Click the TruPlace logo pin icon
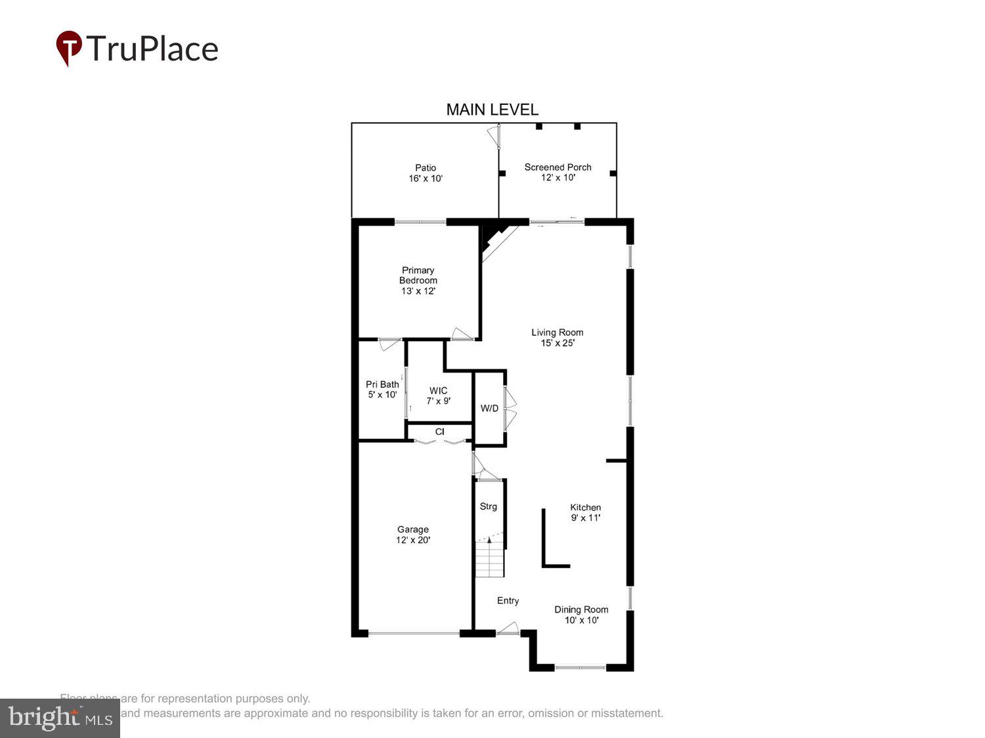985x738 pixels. pyautogui.click(x=69, y=48)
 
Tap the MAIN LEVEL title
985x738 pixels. pyautogui.click(x=492, y=110)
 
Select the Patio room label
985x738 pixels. pyautogui.click(x=426, y=173)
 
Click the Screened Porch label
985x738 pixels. pyautogui.click(x=558, y=173)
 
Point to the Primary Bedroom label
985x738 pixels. pyautogui.click(x=418, y=280)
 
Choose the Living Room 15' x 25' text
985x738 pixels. pyautogui.click(x=557, y=338)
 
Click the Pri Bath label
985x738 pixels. pyautogui.click(x=382, y=390)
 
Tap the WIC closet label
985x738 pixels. pyautogui.click(x=438, y=396)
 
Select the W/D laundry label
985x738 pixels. pyautogui.click(x=489, y=409)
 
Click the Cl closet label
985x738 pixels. pyautogui.click(x=439, y=432)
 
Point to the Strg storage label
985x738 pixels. pyautogui.click(x=488, y=506)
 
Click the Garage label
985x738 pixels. pyautogui.click(x=413, y=535)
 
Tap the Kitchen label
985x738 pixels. pyautogui.click(x=585, y=512)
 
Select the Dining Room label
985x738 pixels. pyautogui.click(x=581, y=615)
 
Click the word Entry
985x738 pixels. pyautogui.click(x=508, y=601)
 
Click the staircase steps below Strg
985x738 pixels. pyautogui.click(x=489, y=561)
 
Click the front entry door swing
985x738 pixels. pyautogui.click(x=508, y=629)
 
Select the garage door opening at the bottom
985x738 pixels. pyautogui.click(x=414, y=634)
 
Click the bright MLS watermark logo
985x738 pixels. pyautogui.click(x=60, y=718)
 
